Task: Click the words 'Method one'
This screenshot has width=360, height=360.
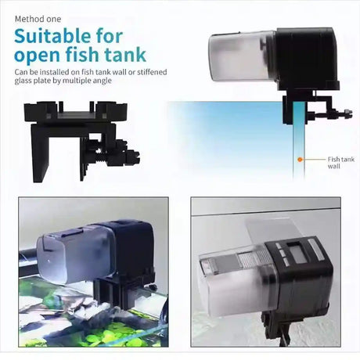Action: tap(38, 19)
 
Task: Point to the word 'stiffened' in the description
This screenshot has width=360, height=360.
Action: tap(152, 72)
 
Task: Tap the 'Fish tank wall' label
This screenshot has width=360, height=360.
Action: tap(341, 163)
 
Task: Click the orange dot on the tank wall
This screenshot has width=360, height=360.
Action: tap(300, 160)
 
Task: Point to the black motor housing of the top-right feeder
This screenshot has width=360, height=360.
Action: tap(306, 59)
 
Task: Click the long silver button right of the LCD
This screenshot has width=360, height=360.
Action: tap(315, 250)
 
